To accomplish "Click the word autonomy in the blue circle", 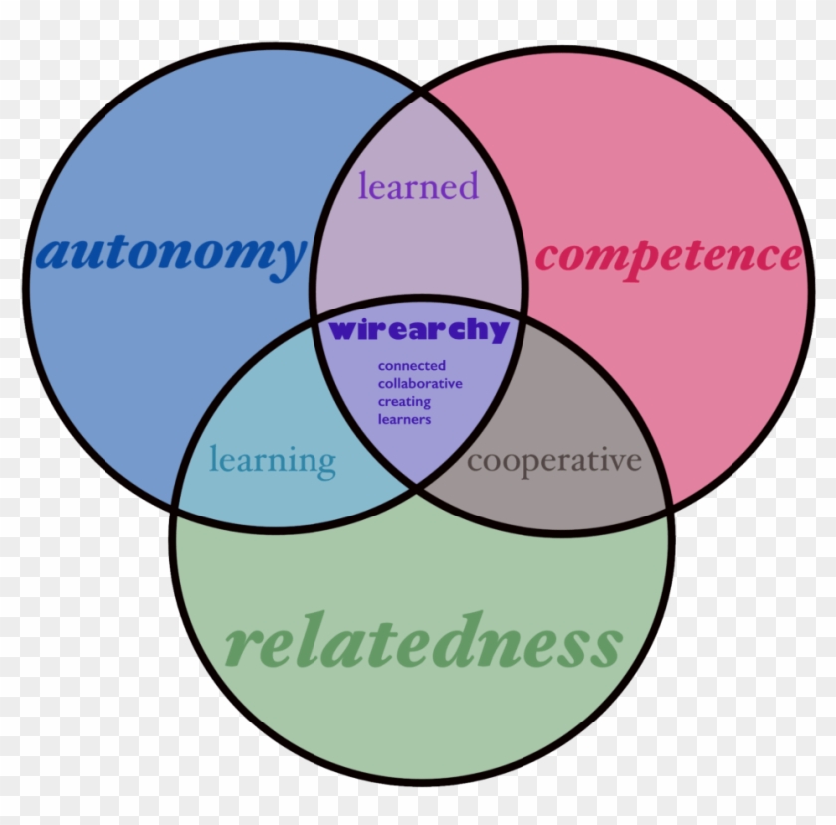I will (x=170, y=253).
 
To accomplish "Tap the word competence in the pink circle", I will (x=668, y=256).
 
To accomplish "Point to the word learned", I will (x=418, y=185).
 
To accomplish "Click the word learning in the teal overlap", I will (x=273, y=461).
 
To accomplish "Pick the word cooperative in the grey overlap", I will (x=553, y=461).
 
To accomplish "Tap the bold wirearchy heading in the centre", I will (x=419, y=330).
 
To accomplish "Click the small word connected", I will (x=411, y=366).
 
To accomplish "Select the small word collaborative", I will (x=419, y=384).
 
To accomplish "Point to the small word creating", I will (x=404, y=402).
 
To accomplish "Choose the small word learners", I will (x=404, y=419).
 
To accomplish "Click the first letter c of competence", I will (x=546, y=258).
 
